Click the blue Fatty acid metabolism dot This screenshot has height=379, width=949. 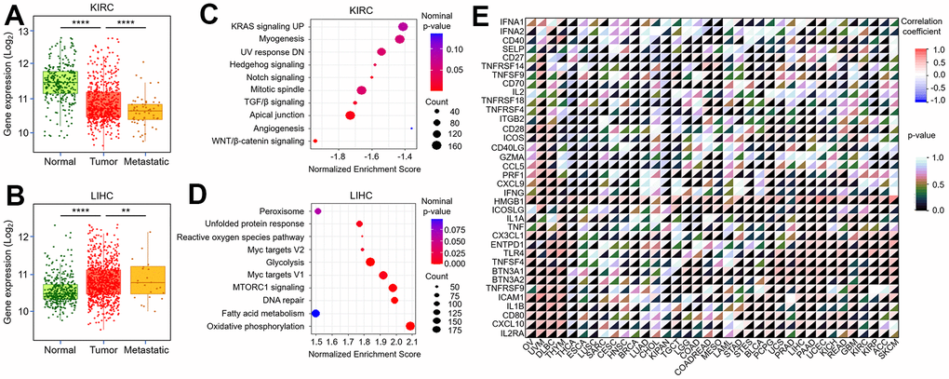pos(315,314)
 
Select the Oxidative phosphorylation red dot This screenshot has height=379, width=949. pos(410,327)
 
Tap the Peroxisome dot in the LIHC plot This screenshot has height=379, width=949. pos(317,211)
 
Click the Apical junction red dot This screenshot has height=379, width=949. pos(351,115)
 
